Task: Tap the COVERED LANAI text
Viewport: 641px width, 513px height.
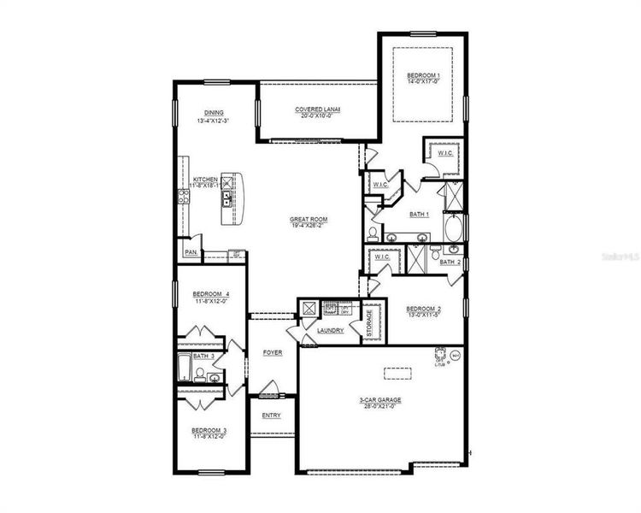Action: click(x=317, y=109)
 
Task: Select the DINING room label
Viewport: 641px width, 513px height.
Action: click(x=214, y=113)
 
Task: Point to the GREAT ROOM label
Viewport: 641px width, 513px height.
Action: click(x=309, y=220)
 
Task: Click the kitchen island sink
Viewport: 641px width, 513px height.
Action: click(x=226, y=199)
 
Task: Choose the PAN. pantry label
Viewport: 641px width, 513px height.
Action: click(x=191, y=253)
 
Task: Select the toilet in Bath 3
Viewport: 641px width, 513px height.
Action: click(x=200, y=374)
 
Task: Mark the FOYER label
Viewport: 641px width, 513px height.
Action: click(x=273, y=352)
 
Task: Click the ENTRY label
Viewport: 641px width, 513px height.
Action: click(x=271, y=416)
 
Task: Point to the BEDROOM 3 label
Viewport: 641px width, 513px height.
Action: click(x=209, y=430)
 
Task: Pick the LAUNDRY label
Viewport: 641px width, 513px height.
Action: click(x=329, y=330)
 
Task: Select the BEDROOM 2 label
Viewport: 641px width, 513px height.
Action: click(x=423, y=309)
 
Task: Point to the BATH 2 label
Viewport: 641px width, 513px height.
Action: click(x=451, y=262)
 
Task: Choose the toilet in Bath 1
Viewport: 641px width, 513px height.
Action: click(x=373, y=232)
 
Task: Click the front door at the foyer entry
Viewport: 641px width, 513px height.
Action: click(x=271, y=396)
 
